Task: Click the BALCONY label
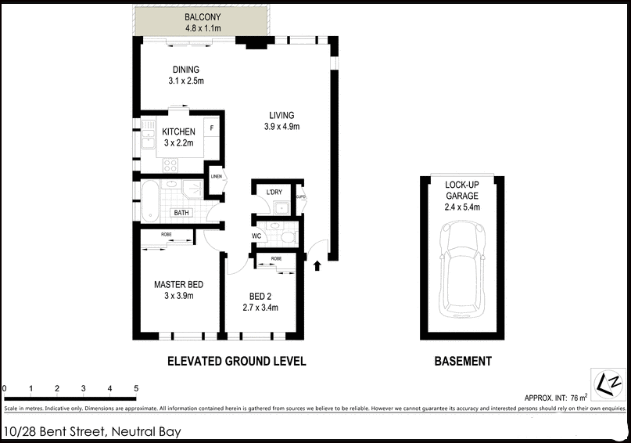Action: click(x=203, y=17)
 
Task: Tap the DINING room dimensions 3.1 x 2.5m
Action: click(x=186, y=81)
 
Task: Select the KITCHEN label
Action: click(x=178, y=131)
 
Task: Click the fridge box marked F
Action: click(x=212, y=127)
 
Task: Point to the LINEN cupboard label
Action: click(x=217, y=177)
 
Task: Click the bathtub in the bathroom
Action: click(x=150, y=200)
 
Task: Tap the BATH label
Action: click(x=181, y=213)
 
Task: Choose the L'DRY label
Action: click(x=274, y=193)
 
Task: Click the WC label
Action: click(x=256, y=236)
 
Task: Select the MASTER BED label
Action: click(x=178, y=285)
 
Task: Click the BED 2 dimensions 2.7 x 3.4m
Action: click(x=260, y=308)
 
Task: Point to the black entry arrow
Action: click(x=317, y=266)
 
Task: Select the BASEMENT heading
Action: click(x=463, y=362)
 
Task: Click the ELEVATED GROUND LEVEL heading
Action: click(x=236, y=362)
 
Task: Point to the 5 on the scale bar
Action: click(x=136, y=389)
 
